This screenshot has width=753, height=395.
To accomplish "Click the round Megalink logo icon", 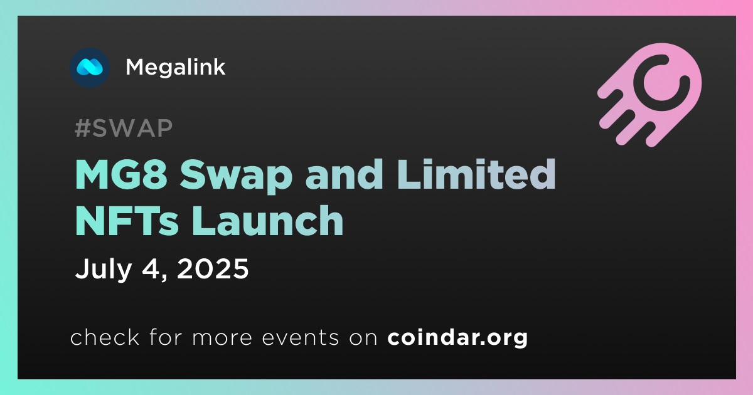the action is pyautogui.click(x=90, y=68).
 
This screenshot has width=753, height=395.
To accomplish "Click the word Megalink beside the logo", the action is pyautogui.click(x=175, y=68).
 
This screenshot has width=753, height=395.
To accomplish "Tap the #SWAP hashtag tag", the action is pyautogui.click(x=124, y=128).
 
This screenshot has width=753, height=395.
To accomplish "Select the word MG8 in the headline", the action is pyautogui.click(x=122, y=175).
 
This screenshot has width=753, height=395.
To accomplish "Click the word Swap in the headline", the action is pyautogui.click(x=236, y=176).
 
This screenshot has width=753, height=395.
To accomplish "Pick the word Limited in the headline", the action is pyautogui.click(x=476, y=174).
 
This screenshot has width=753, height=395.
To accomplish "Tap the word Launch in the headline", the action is pyautogui.click(x=268, y=220).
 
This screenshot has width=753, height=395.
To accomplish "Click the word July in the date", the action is pyautogui.click(x=103, y=270).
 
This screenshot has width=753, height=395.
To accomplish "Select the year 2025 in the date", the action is pyautogui.click(x=213, y=268).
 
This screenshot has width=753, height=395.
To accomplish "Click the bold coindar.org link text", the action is pyautogui.click(x=457, y=338).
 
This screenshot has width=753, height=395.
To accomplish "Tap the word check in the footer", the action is pyautogui.click(x=105, y=337).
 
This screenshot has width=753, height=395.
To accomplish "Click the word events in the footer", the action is pyautogui.click(x=301, y=337).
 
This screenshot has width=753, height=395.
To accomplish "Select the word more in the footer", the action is pyautogui.click(x=222, y=338).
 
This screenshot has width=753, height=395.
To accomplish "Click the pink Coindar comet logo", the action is pyautogui.click(x=650, y=95).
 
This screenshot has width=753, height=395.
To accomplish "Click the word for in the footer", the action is pyautogui.click(x=166, y=337).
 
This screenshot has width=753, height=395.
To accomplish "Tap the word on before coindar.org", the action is pyautogui.click(x=363, y=338).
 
